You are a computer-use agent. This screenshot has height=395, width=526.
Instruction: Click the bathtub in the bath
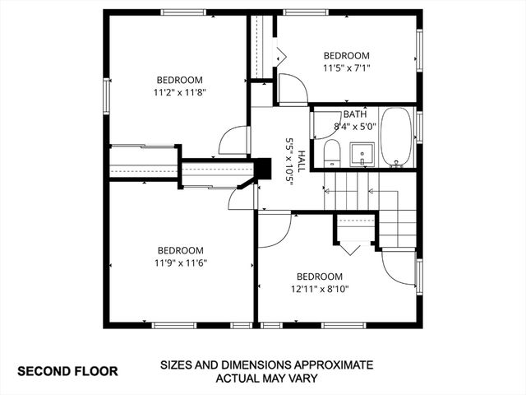coord(398,137)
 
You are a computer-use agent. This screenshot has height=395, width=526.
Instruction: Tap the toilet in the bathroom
coord(332,152)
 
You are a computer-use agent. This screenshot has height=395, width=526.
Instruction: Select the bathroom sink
coord(361,153)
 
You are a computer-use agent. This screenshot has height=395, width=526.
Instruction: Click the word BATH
coord(355,114)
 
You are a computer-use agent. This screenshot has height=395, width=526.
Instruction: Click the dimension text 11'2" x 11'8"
coord(179,93)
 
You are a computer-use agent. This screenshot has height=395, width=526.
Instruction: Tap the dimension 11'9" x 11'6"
coord(180,263)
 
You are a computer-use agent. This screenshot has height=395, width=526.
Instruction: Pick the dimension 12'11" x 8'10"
coord(320,289)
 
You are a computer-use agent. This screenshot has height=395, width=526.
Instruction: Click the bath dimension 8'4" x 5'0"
coord(355,127)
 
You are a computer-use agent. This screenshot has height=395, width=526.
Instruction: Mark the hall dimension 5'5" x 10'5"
coord(289,160)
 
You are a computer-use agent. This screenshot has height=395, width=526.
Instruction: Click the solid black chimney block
coord(264,168)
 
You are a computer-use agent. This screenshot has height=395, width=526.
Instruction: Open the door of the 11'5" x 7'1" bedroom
coord(292,88)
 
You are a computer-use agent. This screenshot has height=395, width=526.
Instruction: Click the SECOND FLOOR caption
coord(67,371)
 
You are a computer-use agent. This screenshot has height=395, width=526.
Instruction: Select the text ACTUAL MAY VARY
coord(266,379)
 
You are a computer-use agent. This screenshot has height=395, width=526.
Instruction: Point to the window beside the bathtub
coord(419,128)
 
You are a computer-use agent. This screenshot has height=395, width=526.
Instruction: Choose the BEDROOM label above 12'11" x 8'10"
coord(320,276)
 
